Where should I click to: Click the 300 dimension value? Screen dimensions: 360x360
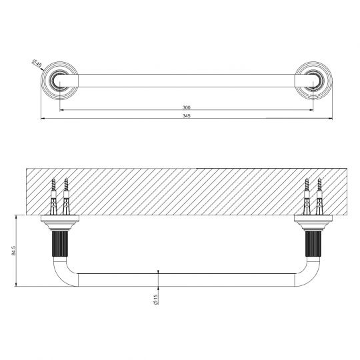point(187,107)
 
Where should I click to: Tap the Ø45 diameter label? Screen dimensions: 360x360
point(37,65)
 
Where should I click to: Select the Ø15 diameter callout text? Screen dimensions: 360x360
point(155,300)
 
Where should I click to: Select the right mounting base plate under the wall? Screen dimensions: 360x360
point(313,219)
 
